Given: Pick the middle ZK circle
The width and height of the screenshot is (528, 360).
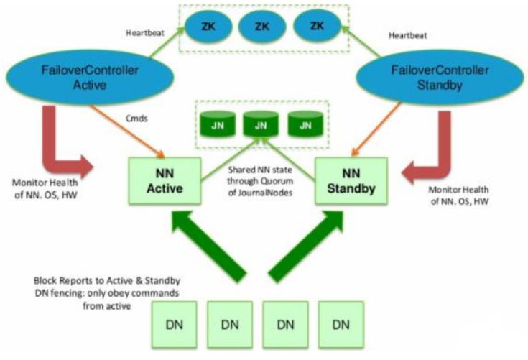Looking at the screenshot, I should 262,27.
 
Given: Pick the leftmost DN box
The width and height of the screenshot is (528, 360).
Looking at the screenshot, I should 175,324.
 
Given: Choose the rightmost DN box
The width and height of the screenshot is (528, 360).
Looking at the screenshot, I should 341,324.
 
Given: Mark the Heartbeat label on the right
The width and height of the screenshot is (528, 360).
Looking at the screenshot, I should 407,34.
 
